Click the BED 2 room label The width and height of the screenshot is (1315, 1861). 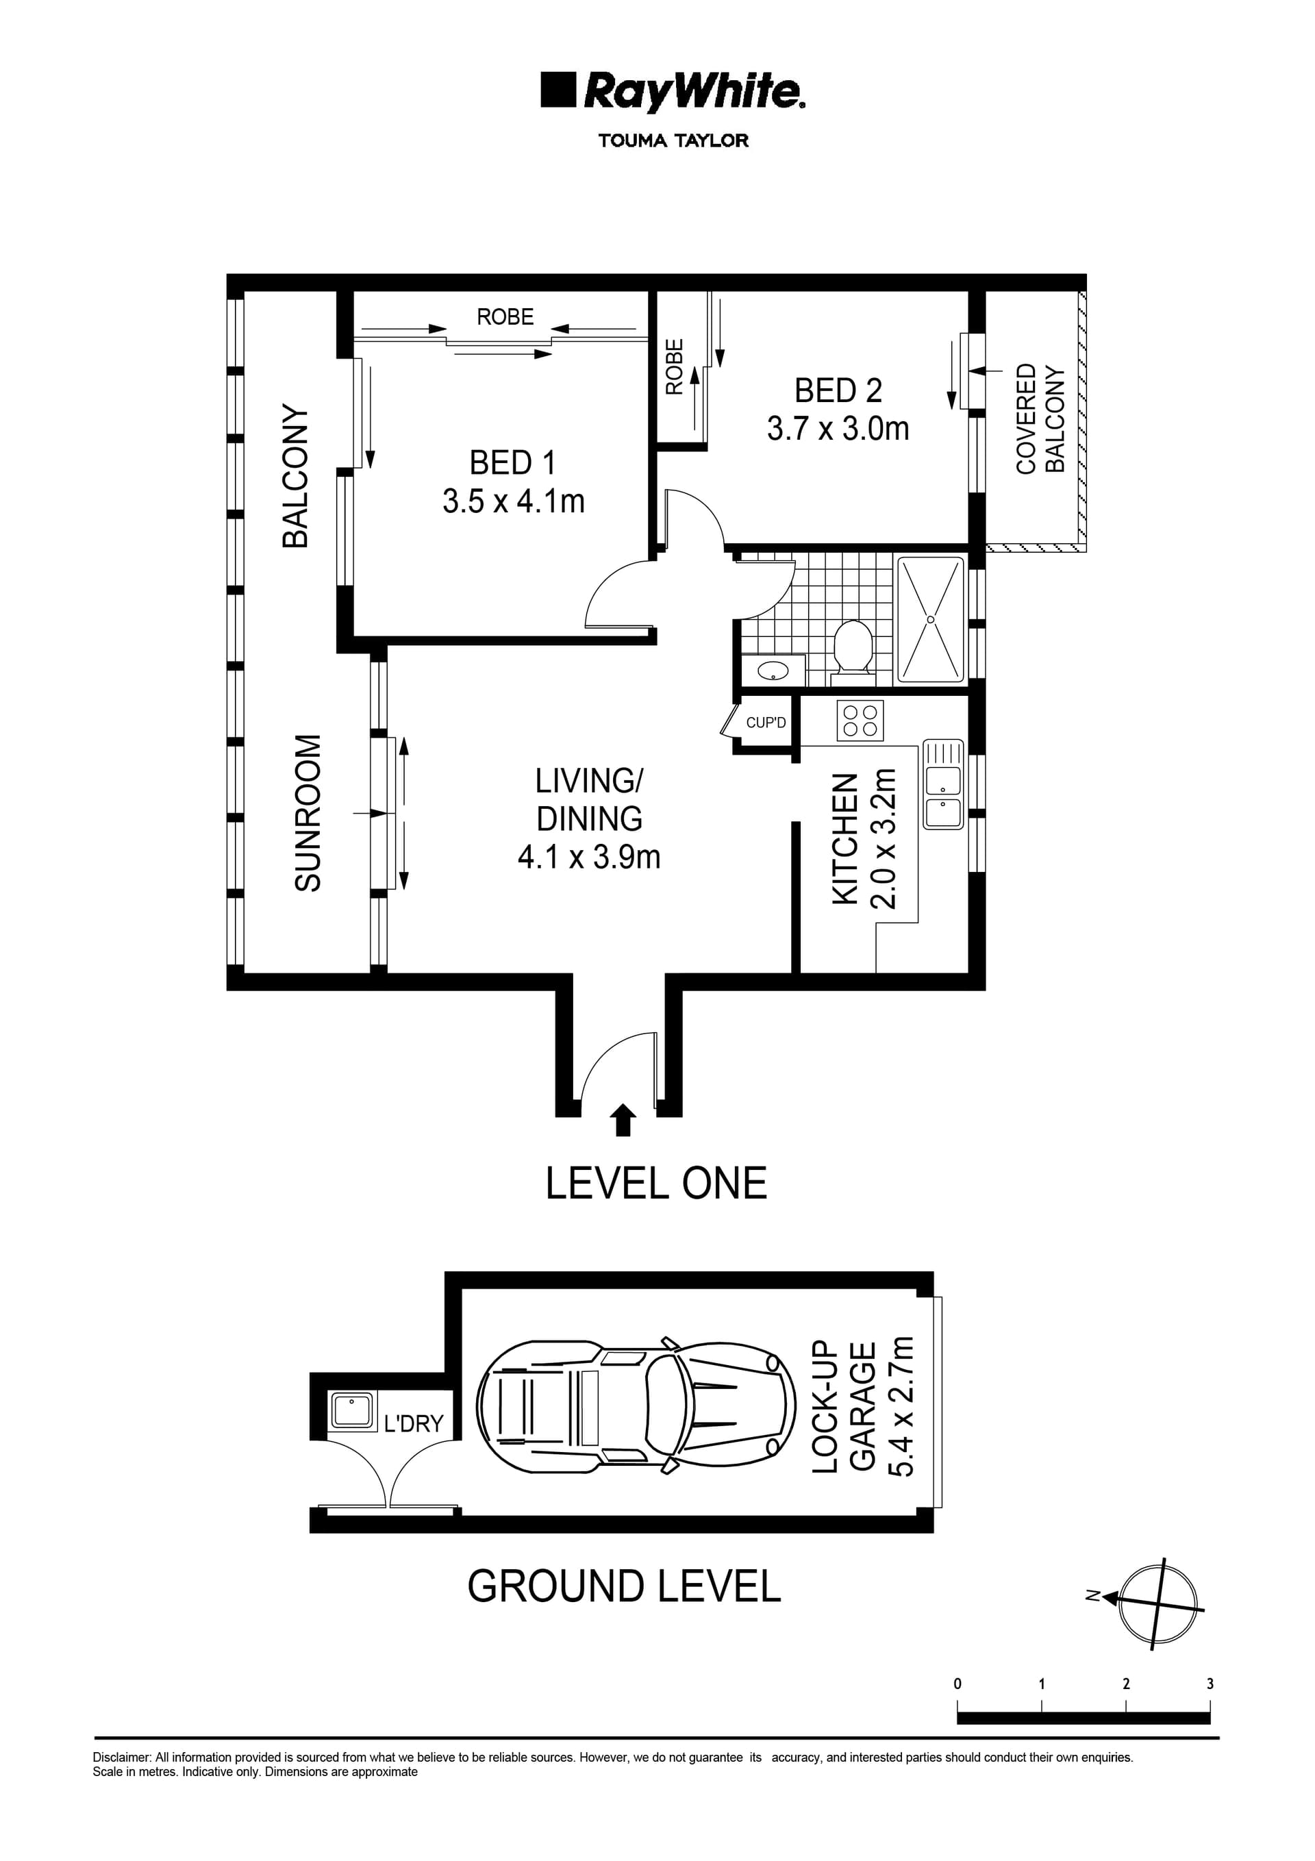click(x=838, y=390)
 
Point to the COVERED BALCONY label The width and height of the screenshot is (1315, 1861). click(x=1040, y=419)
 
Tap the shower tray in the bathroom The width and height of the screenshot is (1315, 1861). click(x=930, y=619)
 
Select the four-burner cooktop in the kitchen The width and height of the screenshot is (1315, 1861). click(x=860, y=720)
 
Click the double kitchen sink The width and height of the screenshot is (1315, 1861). click(x=943, y=784)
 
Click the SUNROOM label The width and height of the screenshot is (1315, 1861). click(x=308, y=813)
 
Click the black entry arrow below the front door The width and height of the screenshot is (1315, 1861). click(x=622, y=1119)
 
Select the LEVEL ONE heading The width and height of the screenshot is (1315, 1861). click(x=656, y=1184)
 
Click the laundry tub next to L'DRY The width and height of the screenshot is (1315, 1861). click(x=352, y=1410)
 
